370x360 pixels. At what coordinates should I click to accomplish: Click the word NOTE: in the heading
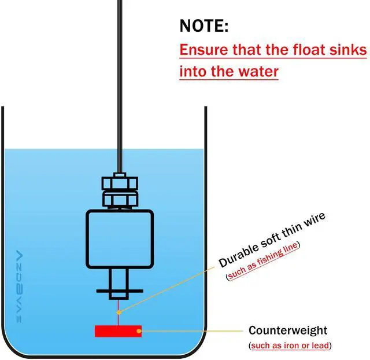click(x=204, y=26)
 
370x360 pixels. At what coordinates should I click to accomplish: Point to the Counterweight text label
click(x=288, y=331)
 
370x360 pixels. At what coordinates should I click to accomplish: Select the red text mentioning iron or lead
click(x=290, y=346)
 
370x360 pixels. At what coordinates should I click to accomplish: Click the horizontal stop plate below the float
click(x=120, y=290)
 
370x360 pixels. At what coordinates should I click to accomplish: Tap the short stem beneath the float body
click(x=120, y=278)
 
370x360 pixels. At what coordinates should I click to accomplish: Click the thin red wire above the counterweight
click(x=118, y=313)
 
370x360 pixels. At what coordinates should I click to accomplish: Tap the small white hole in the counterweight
click(x=138, y=332)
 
